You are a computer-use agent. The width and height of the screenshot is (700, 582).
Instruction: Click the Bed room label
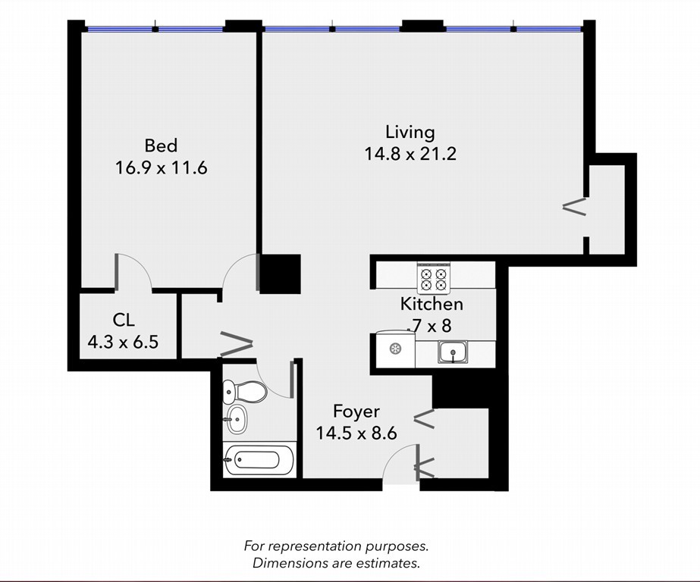(161, 145)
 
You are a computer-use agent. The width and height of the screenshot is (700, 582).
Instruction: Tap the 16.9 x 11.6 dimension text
(162, 168)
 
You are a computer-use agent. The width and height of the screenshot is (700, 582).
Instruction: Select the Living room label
(410, 133)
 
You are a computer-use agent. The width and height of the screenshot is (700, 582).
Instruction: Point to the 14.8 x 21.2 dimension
(410, 155)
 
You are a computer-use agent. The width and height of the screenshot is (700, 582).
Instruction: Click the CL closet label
(123, 320)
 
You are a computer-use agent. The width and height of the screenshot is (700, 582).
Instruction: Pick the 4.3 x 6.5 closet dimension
(123, 343)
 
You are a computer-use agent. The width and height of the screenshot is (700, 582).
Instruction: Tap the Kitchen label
(432, 304)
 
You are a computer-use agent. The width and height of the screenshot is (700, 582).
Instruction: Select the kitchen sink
(452, 352)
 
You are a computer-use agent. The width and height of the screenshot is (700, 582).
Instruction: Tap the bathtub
(259, 460)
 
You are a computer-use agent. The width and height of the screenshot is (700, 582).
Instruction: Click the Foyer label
(356, 411)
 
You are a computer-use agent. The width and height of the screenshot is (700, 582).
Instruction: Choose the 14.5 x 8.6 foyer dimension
(356, 433)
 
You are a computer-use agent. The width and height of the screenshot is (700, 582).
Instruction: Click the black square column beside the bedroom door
(281, 274)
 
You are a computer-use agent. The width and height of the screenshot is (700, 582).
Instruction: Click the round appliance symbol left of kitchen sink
(394, 349)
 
